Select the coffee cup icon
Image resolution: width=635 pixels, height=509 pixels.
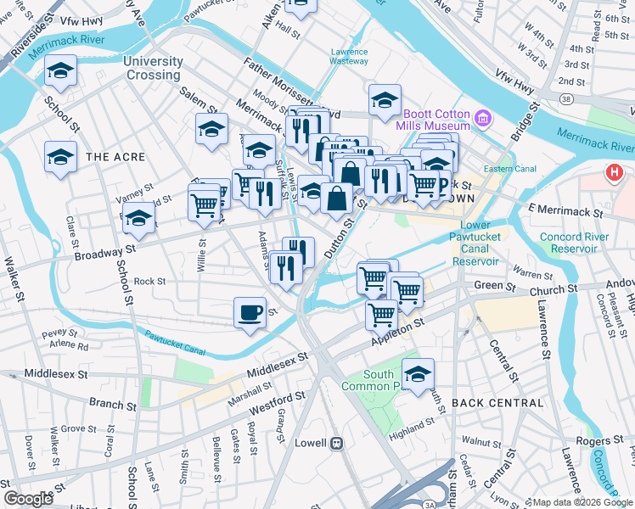[250, 312]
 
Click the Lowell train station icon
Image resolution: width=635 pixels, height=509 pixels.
[337, 442]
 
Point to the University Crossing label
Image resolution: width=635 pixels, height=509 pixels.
[153, 68]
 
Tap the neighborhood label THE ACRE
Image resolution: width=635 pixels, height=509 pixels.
[115, 157]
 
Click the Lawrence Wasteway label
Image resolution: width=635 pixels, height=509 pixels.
[349, 56]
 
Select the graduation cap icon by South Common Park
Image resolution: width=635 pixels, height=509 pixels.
[418, 373]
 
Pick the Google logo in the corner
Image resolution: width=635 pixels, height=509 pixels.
[28, 499]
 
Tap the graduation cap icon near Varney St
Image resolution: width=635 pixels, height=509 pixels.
[139, 218]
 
